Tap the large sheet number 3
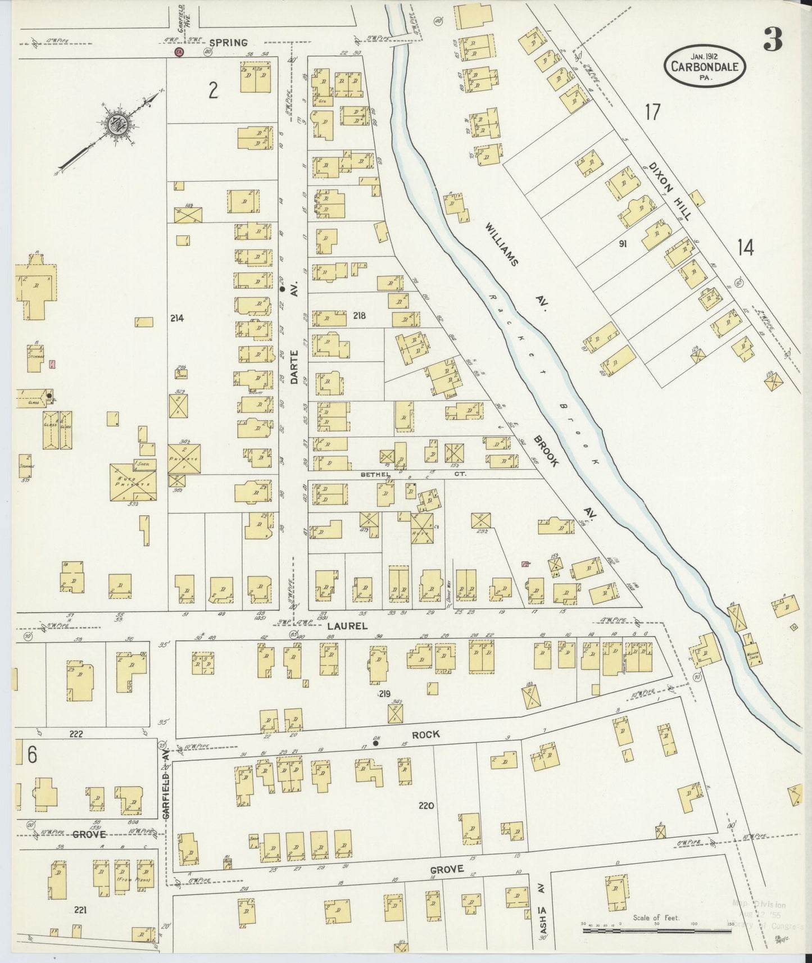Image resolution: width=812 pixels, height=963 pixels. (774, 39)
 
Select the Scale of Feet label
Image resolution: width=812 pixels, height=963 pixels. (656, 917)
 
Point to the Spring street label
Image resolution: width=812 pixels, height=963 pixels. (229, 43)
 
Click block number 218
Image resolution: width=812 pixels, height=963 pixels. (360, 316)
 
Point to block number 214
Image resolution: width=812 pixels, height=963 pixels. (177, 318)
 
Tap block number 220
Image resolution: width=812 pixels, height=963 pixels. (427, 806)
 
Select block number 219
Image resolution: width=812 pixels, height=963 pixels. (384, 694)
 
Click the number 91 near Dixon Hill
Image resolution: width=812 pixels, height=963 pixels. (622, 244)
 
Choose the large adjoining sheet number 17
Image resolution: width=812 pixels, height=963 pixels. (652, 112)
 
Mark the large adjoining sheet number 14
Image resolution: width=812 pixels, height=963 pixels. (746, 247)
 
